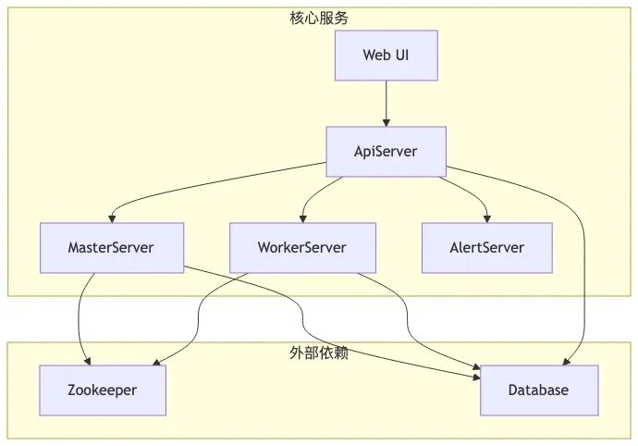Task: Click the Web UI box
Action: click(x=386, y=56)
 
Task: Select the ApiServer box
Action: click(x=386, y=152)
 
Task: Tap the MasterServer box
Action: click(x=112, y=248)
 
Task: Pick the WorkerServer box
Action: click(x=302, y=248)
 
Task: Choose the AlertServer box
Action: click(x=487, y=248)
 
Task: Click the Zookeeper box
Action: click(x=103, y=390)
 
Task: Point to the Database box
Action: click(x=539, y=390)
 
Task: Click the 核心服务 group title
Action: click(x=319, y=18)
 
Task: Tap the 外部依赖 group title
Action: click(x=319, y=353)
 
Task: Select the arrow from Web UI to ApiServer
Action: click(x=386, y=104)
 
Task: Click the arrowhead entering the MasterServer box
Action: click(x=112, y=218)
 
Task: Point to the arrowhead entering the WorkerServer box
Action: click(x=302, y=218)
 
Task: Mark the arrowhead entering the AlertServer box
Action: click(x=487, y=218)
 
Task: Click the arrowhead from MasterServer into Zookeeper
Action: click(x=87, y=361)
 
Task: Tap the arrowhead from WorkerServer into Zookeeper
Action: click(x=156, y=362)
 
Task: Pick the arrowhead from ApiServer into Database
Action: click(x=567, y=361)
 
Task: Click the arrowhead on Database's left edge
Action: click(x=476, y=378)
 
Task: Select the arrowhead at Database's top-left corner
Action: click(x=476, y=367)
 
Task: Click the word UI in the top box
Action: click(x=401, y=55)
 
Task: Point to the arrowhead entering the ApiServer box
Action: click(x=386, y=122)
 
